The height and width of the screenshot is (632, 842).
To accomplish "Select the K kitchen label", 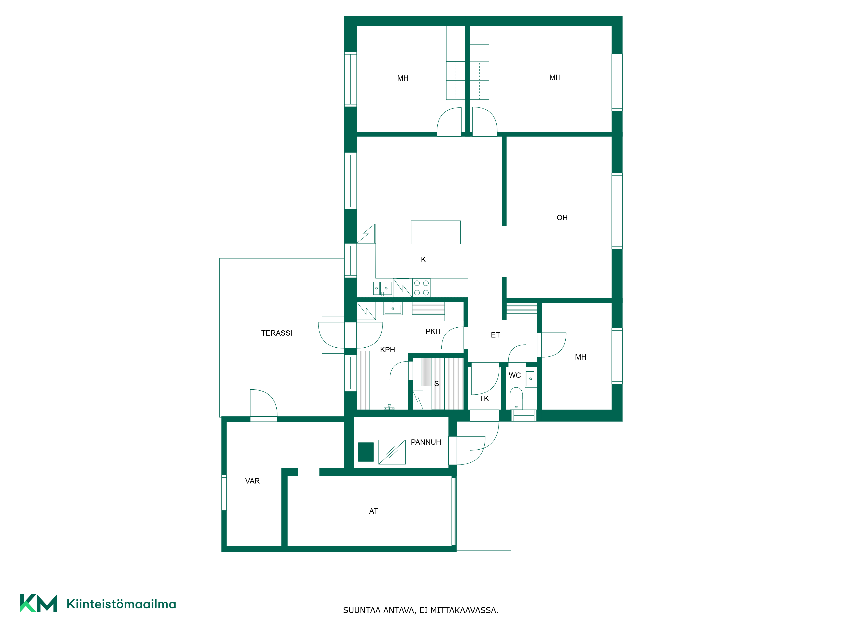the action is click(x=423, y=259).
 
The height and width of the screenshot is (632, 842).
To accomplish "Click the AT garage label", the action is click(x=373, y=511).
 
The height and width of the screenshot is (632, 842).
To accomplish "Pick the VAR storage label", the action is click(x=252, y=481).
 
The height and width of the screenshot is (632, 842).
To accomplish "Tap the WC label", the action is click(x=515, y=375).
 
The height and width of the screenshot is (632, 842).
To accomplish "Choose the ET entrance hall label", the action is click(x=495, y=335).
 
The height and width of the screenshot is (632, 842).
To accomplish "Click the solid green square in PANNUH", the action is click(x=366, y=452).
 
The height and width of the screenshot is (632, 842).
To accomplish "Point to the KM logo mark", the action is click(x=39, y=603).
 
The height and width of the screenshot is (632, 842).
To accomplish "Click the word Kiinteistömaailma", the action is click(x=121, y=604).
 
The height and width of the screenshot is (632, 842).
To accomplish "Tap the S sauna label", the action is click(x=437, y=384).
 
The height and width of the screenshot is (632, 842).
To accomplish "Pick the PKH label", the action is click(x=433, y=331).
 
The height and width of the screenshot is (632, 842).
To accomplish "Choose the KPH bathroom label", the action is click(x=388, y=350).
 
